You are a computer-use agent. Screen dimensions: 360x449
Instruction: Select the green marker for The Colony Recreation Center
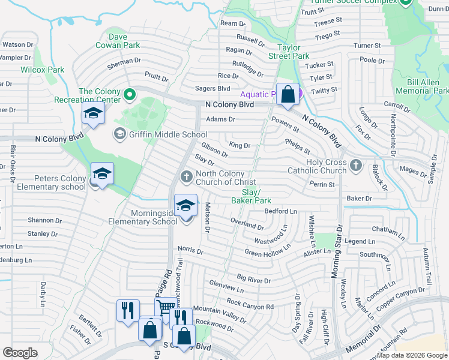[129, 94]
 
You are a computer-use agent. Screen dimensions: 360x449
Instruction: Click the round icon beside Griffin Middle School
[119, 134]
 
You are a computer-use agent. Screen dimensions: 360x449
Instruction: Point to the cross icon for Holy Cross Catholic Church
[355, 164]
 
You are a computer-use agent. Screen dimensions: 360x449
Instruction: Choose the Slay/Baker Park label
[252, 196]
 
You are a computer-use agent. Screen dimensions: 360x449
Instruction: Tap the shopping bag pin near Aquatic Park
[288, 94]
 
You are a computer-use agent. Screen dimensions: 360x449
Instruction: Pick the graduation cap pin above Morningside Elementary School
[186, 205]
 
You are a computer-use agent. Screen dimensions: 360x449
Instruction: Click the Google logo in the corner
[20, 353]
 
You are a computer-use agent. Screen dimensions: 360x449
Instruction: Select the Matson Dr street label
[207, 217]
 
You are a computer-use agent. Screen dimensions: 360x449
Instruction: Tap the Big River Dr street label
[254, 279]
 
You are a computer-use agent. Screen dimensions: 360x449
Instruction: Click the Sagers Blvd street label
[212, 88]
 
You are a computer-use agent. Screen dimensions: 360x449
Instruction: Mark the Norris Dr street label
[190, 250]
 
